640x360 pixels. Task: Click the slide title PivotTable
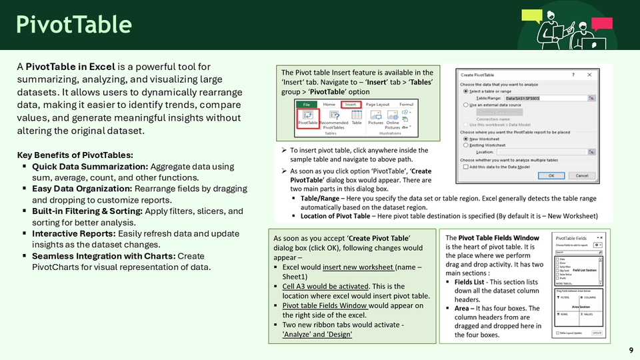[74, 25]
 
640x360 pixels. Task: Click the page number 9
[631, 351]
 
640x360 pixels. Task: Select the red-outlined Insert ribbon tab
[351, 105]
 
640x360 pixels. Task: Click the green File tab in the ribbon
[307, 105]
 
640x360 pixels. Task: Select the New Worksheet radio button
[465, 139]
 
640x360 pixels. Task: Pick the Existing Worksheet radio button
[465, 145]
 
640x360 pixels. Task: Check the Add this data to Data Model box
[465, 167]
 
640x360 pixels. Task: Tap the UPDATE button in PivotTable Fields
[597, 333]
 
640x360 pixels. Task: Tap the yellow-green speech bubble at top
[531, 15]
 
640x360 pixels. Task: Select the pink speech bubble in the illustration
[601, 24]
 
